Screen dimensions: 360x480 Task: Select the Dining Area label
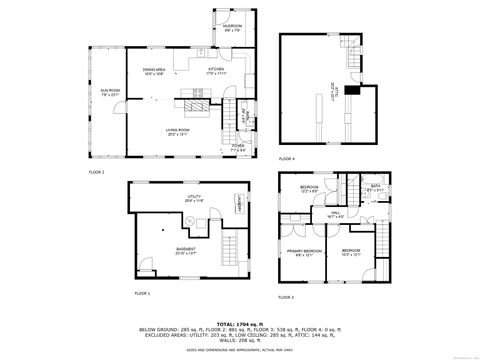coord(152,70)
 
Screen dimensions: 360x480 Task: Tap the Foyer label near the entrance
coord(238,147)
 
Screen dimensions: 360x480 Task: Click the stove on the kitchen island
coord(193,101)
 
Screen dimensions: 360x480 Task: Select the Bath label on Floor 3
coord(376,187)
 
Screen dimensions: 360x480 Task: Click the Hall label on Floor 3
coord(337,213)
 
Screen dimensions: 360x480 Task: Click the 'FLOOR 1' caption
coord(142,293)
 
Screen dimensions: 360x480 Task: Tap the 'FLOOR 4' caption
coord(287,158)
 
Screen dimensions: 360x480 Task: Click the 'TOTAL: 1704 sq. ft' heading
coord(239,323)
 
